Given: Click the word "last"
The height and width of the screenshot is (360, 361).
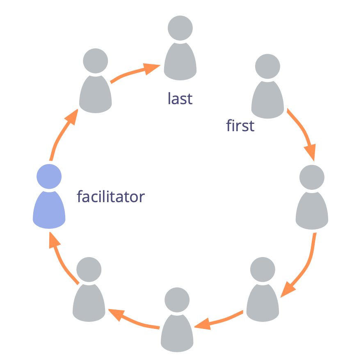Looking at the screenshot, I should click(180, 98).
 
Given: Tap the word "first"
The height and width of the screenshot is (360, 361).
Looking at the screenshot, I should click(240, 125).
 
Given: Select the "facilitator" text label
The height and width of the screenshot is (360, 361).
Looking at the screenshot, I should click(111, 197).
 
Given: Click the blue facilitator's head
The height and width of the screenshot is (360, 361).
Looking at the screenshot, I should click(49, 176).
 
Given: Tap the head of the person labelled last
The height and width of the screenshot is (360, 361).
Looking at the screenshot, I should click(180, 28).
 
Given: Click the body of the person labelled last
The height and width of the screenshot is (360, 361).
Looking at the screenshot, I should click(180, 62).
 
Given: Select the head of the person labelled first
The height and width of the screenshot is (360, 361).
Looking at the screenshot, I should click(267, 66).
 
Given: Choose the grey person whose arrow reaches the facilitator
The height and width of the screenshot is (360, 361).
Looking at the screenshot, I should click(89, 291).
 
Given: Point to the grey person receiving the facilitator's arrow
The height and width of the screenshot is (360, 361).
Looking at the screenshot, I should click(96, 82).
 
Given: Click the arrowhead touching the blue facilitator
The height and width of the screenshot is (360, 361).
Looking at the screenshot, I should click(52, 240).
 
